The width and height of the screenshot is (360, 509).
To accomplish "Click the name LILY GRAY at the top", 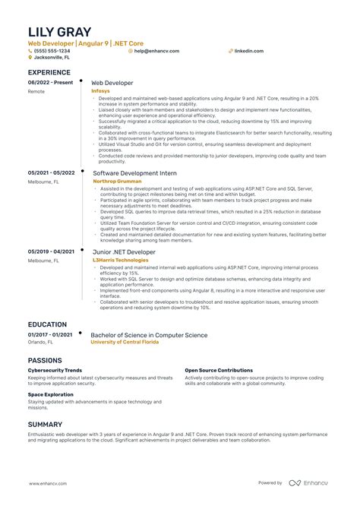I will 59,32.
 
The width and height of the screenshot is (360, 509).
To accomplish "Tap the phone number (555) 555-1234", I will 50,50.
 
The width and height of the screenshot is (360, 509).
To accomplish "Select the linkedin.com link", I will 249,50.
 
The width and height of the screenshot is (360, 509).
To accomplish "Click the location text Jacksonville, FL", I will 52,57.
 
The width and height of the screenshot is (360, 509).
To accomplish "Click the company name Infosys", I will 99,90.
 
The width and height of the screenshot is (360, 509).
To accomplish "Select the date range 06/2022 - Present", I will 50,82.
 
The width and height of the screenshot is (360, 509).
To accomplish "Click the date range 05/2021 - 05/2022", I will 51,172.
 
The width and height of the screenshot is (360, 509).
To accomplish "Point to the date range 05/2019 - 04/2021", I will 51,251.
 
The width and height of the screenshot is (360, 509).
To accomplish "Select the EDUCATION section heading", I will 47,324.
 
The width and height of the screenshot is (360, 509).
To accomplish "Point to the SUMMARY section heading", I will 46,424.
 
